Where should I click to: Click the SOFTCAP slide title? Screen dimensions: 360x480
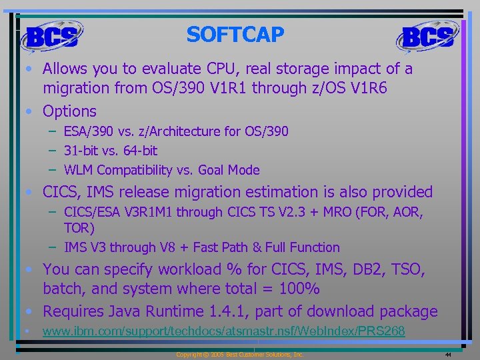pyautogui.click(x=235, y=34)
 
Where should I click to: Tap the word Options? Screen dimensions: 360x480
pyautogui.click(x=69, y=111)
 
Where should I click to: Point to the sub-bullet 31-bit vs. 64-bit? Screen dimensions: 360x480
pyautogui.click(x=111, y=151)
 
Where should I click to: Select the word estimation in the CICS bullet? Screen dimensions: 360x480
pyautogui.click(x=295, y=192)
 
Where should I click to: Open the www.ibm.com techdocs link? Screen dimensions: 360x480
pyautogui.click(x=223, y=331)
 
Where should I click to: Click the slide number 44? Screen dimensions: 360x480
pyautogui.click(x=448, y=355)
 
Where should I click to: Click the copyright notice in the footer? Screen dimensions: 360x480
pyautogui.click(x=239, y=355)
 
